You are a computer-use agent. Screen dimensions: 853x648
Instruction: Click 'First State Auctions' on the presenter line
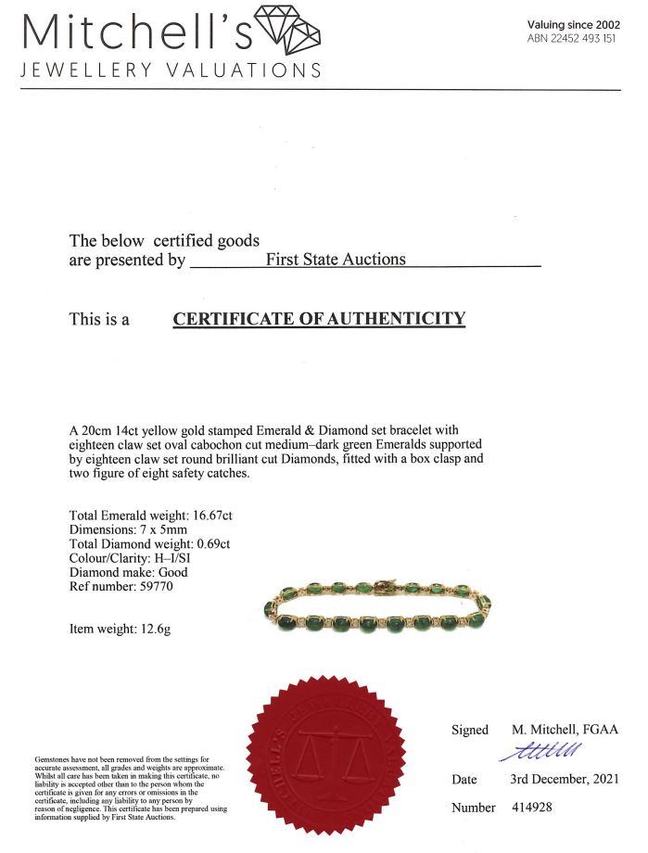tap(336, 260)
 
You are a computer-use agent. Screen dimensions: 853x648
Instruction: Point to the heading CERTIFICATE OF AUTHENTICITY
tap(319, 319)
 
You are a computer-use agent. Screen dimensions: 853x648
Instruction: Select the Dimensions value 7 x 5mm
tap(177, 530)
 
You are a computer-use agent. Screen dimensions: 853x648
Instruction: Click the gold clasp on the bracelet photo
tap(383, 588)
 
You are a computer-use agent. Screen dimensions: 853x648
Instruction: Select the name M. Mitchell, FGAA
tap(558, 730)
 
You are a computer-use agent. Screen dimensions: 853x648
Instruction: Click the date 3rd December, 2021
tap(564, 779)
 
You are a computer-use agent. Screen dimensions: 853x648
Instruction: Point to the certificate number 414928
tap(532, 808)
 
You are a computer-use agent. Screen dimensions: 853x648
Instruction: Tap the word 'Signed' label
tap(469, 730)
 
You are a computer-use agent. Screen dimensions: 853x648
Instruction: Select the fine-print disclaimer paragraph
tap(130, 785)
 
